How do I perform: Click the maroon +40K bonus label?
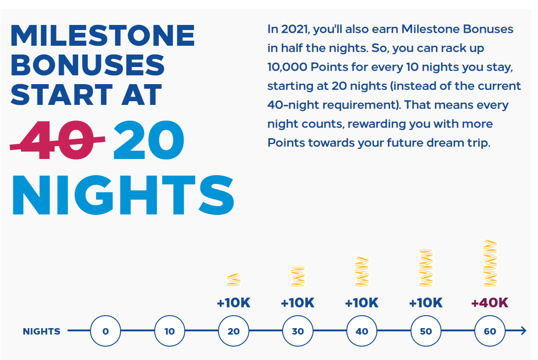[490, 303]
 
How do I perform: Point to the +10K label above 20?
[234, 303]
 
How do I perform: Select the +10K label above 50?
[426, 303]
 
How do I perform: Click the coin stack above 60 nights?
[490, 263]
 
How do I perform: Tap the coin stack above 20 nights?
[234, 280]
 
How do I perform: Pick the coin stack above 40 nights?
[362, 271]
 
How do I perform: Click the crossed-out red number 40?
[57, 140]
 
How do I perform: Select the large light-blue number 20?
[149, 140]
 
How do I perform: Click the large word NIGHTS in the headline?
[123, 195]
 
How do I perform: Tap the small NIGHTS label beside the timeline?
[42, 331]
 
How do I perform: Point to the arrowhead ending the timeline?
[523, 331]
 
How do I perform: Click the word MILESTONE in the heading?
[103, 35]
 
